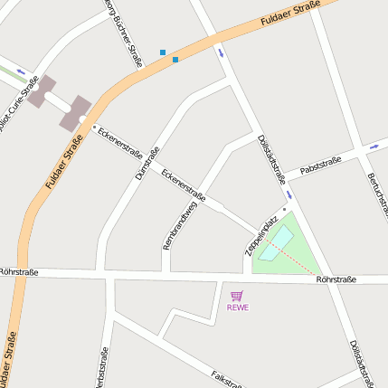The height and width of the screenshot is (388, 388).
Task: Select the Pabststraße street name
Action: (320, 165)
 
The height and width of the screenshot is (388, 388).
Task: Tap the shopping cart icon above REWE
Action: (237, 295)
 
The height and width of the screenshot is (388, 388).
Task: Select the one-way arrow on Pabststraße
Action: (374, 145)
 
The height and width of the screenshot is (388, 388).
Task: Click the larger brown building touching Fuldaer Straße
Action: (75, 112)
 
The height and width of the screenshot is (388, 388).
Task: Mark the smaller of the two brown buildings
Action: (42, 91)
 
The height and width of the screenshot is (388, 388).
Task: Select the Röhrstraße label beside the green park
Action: (336, 279)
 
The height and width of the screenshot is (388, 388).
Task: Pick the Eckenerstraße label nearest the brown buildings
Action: (120, 139)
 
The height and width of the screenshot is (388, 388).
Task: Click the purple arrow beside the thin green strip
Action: (21, 71)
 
